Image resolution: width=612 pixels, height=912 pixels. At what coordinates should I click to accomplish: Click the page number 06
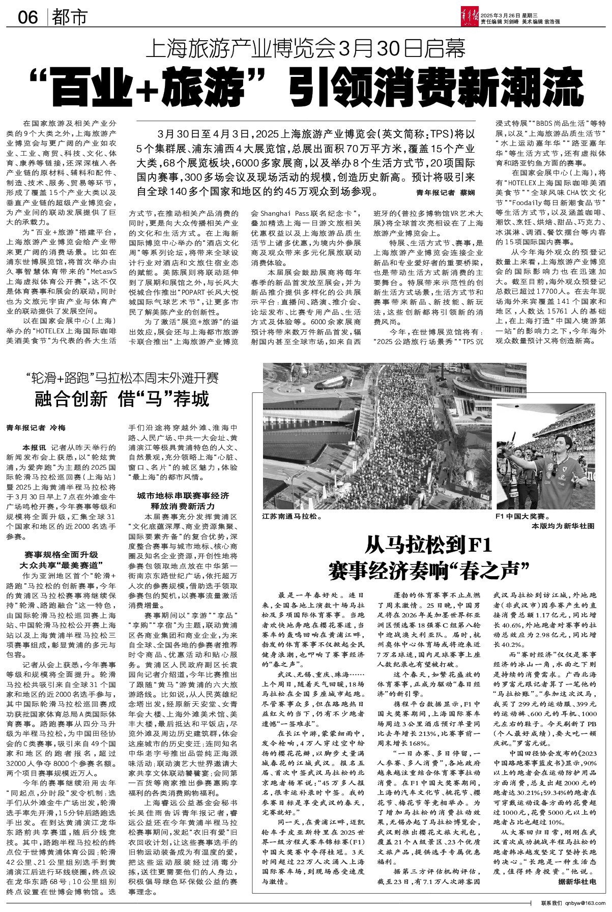28,18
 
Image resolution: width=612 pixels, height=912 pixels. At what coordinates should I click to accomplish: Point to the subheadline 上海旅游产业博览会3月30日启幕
306,49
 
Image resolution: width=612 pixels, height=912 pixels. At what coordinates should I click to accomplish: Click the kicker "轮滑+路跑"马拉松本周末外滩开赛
122,379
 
